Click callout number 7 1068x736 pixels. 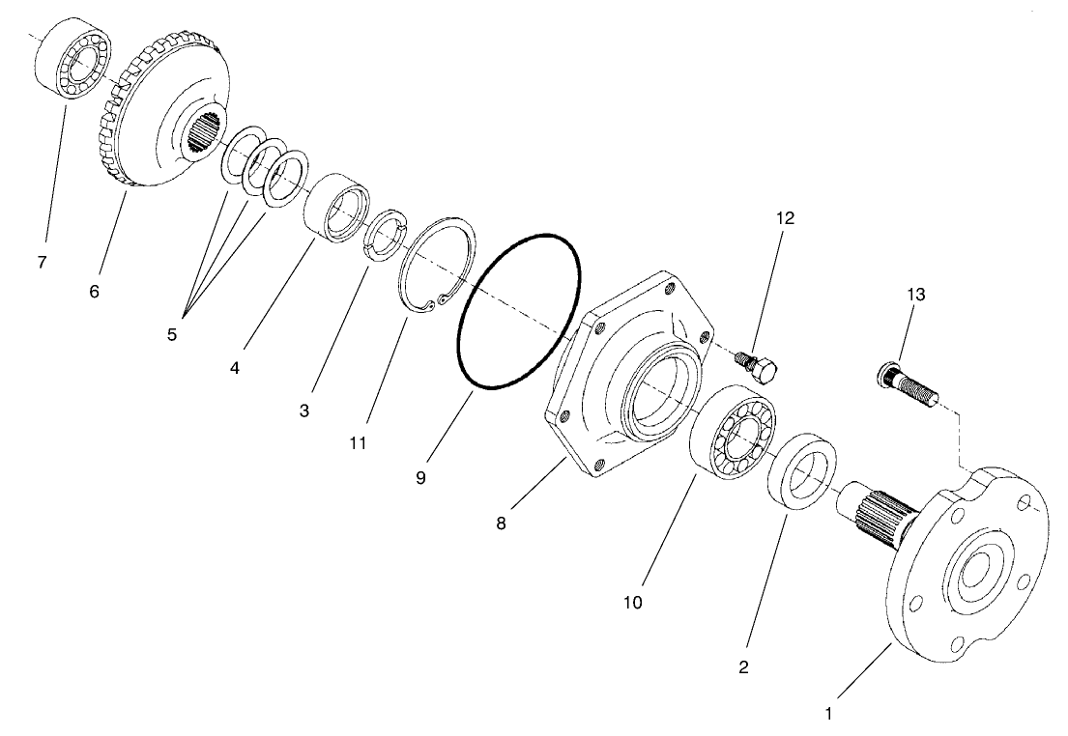point(42,262)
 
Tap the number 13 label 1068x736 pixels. point(915,295)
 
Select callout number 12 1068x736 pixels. point(784,218)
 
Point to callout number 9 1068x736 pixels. point(421,477)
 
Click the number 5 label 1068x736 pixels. point(172,335)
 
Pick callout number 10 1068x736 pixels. point(633,603)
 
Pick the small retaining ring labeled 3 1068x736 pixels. point(386,235)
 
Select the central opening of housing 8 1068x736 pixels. point(656,392)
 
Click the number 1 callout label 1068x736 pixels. point(827,716)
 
